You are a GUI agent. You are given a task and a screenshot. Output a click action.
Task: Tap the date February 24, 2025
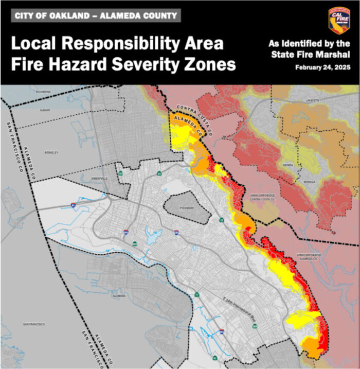point(322,67)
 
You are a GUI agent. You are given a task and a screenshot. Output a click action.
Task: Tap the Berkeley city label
point(52,152)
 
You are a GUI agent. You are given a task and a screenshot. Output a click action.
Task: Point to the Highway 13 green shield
point(221,220)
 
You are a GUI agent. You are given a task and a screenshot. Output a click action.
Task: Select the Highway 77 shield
point(197,294)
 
